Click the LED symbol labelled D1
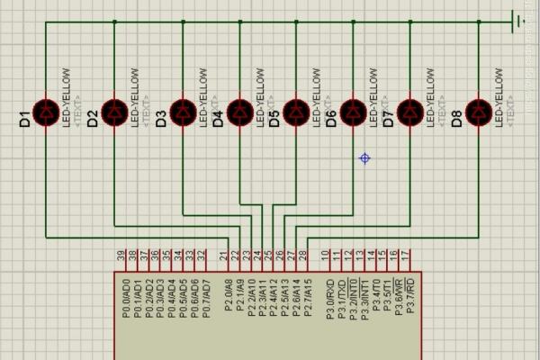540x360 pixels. point(46,112)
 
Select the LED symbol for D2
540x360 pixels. point(114,112)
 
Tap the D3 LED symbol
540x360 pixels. point(183,112)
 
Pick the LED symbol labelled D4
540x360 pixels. point(239,112)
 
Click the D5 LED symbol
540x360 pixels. point(296,112)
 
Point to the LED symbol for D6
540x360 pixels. point(354,112)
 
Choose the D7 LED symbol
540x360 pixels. point(410,112)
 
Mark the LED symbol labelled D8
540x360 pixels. point(479,112)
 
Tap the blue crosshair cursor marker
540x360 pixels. point(364,158)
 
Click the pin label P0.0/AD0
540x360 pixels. point(125,298)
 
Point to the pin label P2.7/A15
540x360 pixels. point(307,297)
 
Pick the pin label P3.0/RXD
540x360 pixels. point(329,298)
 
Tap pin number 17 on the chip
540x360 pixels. point(406,257)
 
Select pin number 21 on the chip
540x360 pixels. point(223,257)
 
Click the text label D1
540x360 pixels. point(25,117)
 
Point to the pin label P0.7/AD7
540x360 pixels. point(205,298)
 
